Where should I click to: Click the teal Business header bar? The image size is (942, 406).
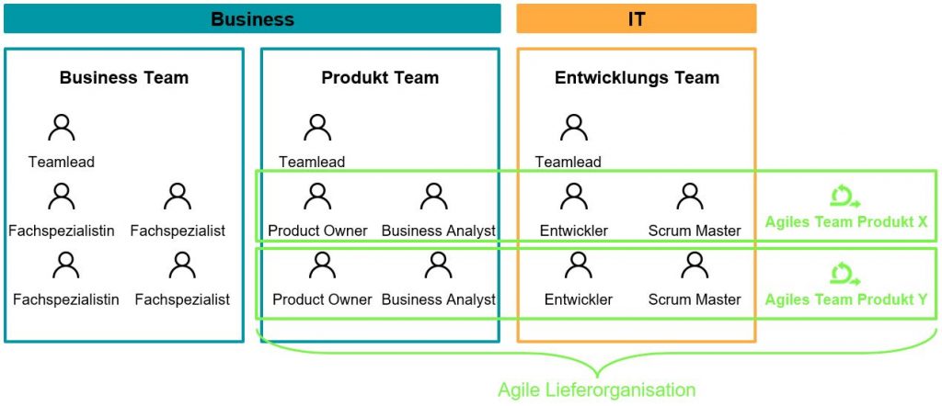[x=252, y=18]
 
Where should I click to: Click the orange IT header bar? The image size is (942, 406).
[x=636, y=18]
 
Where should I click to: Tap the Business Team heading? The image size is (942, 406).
[x=124, y=78]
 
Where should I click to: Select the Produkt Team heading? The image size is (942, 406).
[x=380, y=78]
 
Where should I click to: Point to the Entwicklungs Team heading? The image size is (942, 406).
[x=637, y=78]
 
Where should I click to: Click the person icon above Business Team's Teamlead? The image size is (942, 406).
[x=62, y=128]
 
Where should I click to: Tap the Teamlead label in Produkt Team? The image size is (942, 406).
[x=312, y=163]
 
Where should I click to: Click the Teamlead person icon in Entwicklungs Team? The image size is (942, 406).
[x=574, y=128]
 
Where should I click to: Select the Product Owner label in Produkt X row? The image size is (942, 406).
[x=317, y=231]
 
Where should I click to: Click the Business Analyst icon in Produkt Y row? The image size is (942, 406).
[x=438, y=265]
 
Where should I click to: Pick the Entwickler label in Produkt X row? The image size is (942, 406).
[x=574, y=231]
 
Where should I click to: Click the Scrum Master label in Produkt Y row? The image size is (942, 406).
[x=695, y=299]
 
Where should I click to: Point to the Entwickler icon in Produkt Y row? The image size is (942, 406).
[x=578, y=265]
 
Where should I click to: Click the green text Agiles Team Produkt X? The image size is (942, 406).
[x=845, y=222]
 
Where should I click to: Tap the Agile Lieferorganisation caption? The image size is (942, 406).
[x=596, y=390]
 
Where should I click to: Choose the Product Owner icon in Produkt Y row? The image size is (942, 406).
[x=322, y=265]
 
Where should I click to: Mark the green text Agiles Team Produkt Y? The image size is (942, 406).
[x=845, y=299]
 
